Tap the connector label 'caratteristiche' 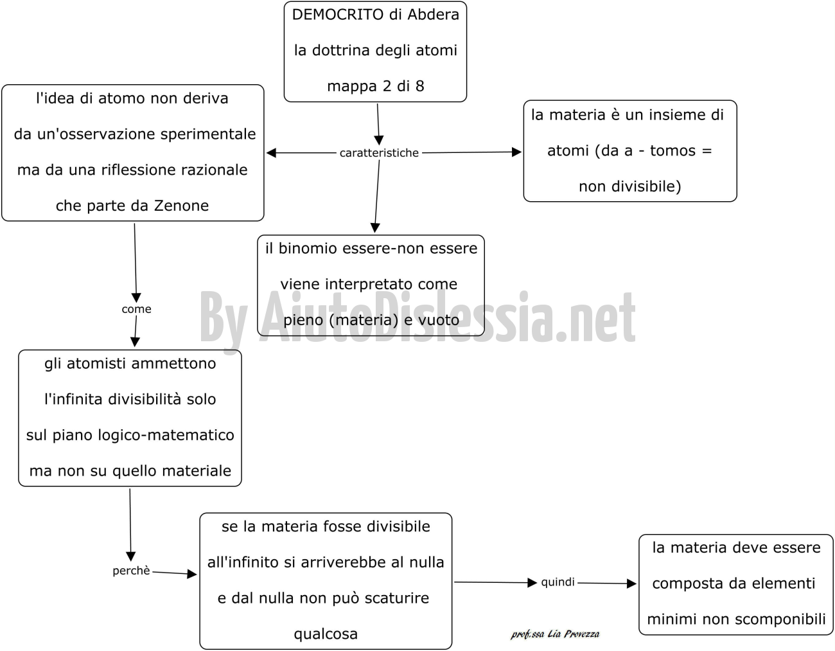tap(379, 153)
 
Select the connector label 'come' tap(136, 309)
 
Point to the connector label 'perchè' tap(131, 571)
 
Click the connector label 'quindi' tap(558, 582)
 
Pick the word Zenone tap(181, 206)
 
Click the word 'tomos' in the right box tap(672, 150)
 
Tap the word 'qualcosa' tap(326, 634)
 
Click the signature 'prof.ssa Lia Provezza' tap(555, 634)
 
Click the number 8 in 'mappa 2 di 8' tap(419, 86)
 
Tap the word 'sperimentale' tap(208, 134)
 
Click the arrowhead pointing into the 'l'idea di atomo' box tap(271, 153)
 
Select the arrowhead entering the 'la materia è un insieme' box tap(517, 152)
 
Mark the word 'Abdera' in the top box tap(433, 15)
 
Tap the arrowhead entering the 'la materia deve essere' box tap(631, 584)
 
